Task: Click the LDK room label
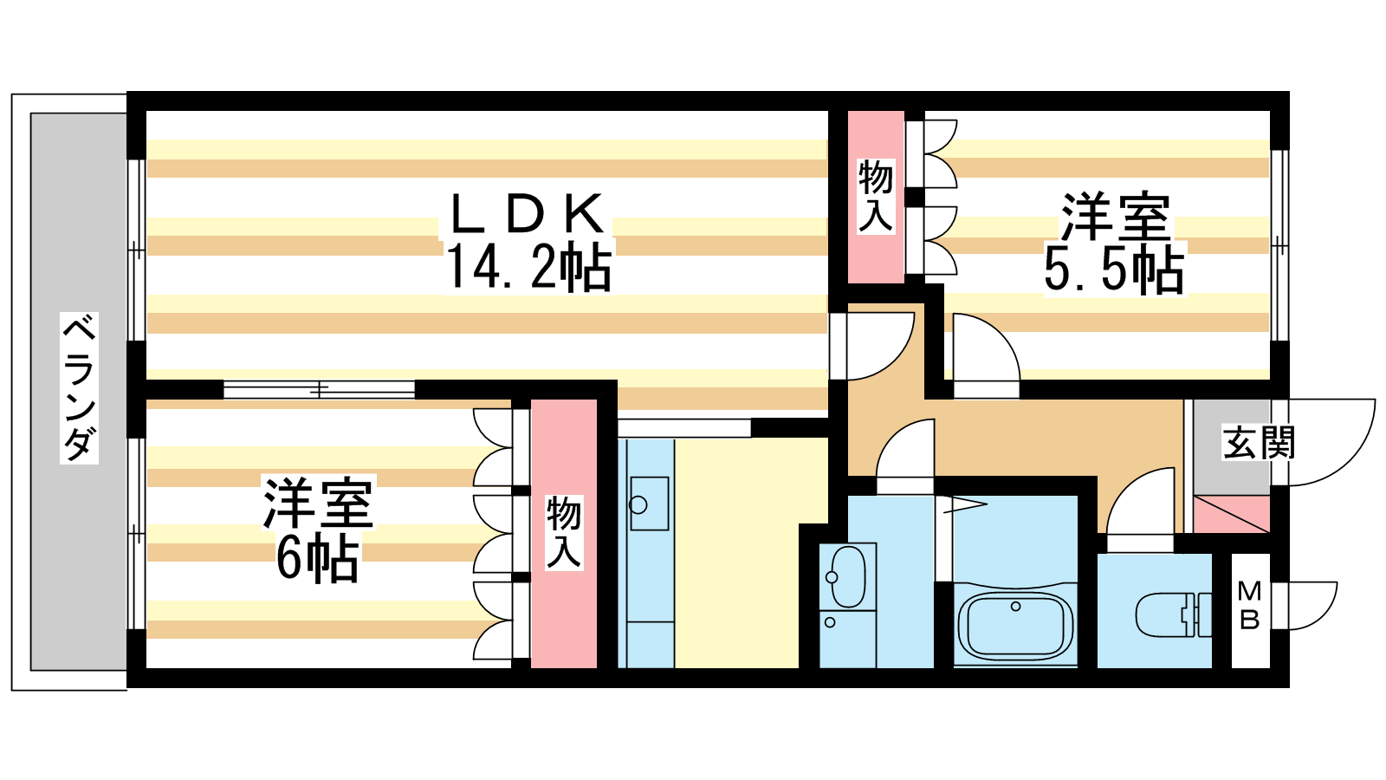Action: point(527,214)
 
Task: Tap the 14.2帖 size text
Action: point(528,267)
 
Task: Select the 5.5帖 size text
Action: point(1114,270)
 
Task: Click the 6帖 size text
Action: point(317,559)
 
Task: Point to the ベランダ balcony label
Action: point(79,387)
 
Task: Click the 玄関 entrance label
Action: point(1259,444)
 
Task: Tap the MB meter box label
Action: point(1249,605)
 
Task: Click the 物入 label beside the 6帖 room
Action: point(564,532)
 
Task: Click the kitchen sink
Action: point(649,504)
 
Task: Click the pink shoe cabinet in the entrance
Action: point(1231,514)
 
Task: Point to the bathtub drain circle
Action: point(1015,607)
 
